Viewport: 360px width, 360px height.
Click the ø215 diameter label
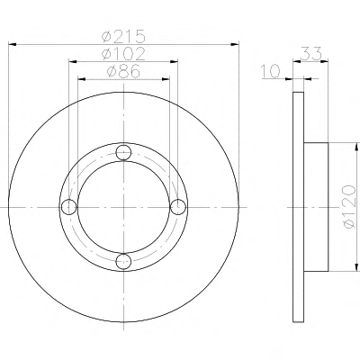pyautogui.click(x=123, y=36)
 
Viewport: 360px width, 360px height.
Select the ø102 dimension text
pyautogui.click(x=123, y=54)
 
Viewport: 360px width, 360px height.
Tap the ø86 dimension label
pyautogui.click(x=123, y=72)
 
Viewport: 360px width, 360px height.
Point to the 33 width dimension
pyautogui.click(x=310, y=54)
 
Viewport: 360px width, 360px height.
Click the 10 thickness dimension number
pyautogui.click(x=270, y=72)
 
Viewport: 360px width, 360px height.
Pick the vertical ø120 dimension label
pyautogui.click(x=349, y=207)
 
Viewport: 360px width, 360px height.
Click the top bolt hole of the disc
pyautogui.click(x=123, y=153)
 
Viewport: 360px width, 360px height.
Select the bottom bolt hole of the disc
pyautogui.click(x=123, y=261)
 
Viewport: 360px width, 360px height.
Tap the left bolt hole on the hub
pyautogui.click(x=69, y=207)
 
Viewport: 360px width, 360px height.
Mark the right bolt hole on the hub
pyautogui.click(x=178, y=207)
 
